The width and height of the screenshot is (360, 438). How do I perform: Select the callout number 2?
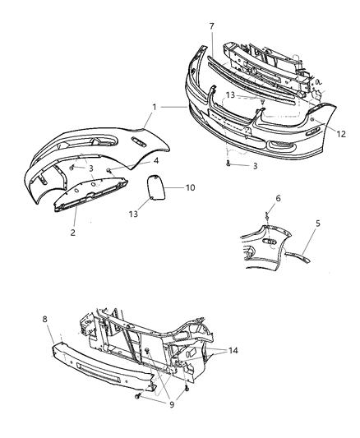pos(72,232)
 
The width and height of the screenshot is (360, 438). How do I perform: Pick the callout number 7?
pos(212,27)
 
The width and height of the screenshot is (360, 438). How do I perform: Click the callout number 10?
pos(190,188)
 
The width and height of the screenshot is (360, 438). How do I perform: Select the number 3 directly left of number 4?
pos(92,168)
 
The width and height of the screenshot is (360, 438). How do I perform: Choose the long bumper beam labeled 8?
pos(99,357)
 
